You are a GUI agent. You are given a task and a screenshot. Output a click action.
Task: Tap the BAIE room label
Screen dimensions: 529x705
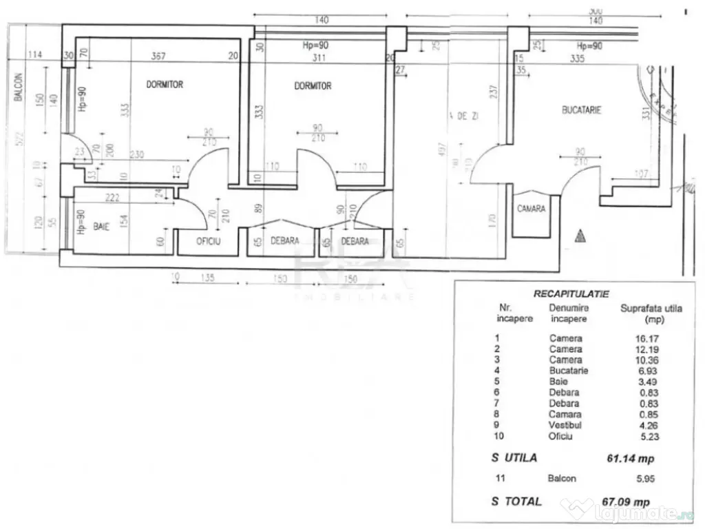[102, 226]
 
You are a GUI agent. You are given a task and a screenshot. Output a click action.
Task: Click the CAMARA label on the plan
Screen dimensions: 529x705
[532, 208]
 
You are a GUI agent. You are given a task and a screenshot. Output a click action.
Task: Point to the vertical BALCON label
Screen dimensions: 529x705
[18, 88]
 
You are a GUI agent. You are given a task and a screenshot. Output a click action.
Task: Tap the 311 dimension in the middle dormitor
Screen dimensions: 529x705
[319, 58]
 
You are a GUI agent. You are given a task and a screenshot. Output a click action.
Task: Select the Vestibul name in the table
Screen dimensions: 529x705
[565, 426]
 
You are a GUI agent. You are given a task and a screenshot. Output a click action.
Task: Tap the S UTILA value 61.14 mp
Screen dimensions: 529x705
[628, 459]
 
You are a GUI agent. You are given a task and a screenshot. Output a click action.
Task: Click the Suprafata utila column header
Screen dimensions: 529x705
[651, 313]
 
